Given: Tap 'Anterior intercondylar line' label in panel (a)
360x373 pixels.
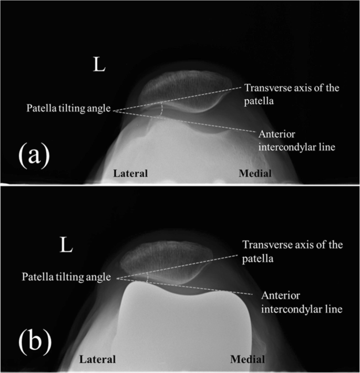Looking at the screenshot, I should pyautogui.click(x=295, y=140).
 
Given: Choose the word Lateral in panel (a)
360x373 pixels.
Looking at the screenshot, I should pyautogui.click(x=131, y=173).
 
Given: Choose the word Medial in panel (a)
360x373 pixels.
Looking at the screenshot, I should pyautogui.click(x=255, y=173).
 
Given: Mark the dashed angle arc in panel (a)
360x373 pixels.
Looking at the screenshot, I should pyautogui.click(x=162, y=108).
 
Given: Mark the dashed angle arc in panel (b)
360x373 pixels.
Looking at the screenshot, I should pyautogui.click(x=148, y=276).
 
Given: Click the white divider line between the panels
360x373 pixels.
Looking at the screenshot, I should pyautogui.click(x=180, y=185).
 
